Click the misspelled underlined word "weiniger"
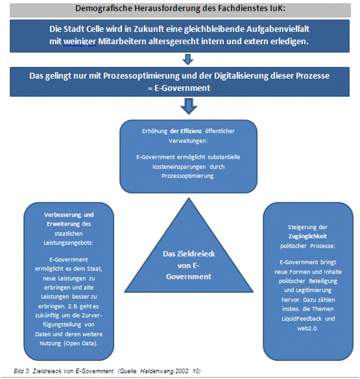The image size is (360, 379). tap(80, 42)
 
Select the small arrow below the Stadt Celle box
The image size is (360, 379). tap(187, 59)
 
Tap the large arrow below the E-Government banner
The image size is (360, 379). tap(189, 106)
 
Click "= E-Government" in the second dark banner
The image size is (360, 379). tap(179, 88)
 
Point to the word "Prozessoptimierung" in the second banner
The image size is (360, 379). tap(141, 76)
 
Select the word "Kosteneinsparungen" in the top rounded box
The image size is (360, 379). tap(179, 167)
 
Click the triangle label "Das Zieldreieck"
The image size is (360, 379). tap(189, 254)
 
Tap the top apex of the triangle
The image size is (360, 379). tap(189, 198)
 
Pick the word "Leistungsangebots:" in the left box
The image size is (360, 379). tap(68, 243)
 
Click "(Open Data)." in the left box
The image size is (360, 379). tap(80, 343)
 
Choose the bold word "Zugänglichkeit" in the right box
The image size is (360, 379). tap(307, 236)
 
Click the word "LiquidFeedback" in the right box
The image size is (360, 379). tap(302, 319)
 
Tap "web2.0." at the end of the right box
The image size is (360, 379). tap(307, 328)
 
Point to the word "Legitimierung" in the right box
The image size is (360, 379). tap(313, 290)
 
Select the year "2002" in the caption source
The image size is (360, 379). tap(183, 371)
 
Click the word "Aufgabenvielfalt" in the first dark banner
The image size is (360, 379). tap(278, 29)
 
